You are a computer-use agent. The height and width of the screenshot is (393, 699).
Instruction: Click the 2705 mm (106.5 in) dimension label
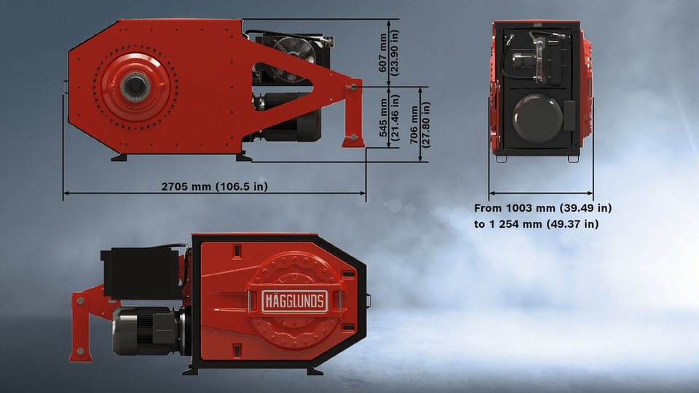coord(214,186)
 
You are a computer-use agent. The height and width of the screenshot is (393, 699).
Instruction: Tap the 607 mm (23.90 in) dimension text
coord(389,52)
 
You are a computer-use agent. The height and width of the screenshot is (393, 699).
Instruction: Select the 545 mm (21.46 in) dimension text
coord(389,117)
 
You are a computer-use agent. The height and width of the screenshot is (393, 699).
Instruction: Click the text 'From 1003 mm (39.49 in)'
coord(542,208)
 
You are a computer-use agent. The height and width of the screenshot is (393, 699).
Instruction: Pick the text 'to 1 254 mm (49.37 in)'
coord(537,223)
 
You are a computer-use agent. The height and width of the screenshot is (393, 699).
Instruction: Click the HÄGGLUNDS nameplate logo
coord(295,301)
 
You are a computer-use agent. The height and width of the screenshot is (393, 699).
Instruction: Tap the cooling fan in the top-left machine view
coord(293,58)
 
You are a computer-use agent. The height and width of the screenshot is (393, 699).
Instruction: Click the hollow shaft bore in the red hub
coord(133,87)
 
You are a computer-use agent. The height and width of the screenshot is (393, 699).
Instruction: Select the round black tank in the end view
coord(537,118)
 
